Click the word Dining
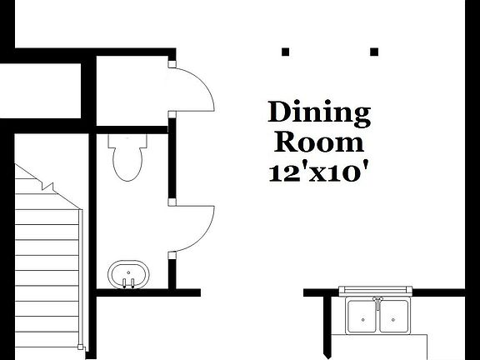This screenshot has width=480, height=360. pyautogui.click(x=318, y=112)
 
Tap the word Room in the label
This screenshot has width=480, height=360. pyautogui.click(x=318, y=142)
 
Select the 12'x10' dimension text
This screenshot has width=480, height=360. pyautogui.click(x=318, y=172)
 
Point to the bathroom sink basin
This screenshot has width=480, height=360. pyautogui.click(x=127, y=272)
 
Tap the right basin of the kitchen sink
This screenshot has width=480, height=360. pyautogui.click(x=395, y=313)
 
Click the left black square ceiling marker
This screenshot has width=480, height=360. pyautogui.click(x=285, y=52)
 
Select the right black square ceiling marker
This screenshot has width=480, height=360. pyautogui.click(x=373, y=52)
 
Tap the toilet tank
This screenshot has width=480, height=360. pyautogui.click(x=127, y=142)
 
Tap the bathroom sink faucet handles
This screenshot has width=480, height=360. pyautogui.click(x=127, y=283)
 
